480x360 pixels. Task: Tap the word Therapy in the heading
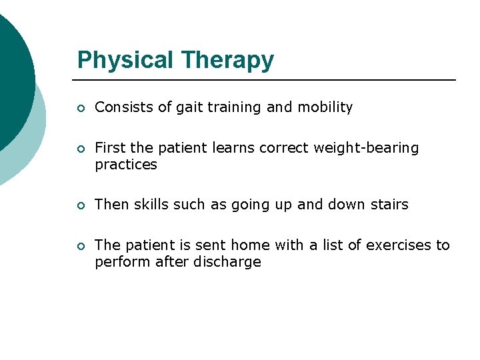(x=227, y=61)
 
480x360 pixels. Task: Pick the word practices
(x=126, y=165)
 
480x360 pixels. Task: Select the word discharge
(x=227, y=262)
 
